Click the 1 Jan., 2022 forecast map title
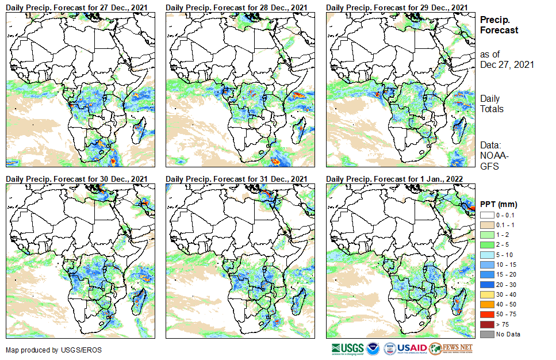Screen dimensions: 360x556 pyautogui.click(x=396, y=179)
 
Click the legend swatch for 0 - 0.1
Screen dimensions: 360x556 pyautogui.click(x=486, y=215)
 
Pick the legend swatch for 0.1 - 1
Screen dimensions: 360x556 pyautogui.click(x=486, y=225)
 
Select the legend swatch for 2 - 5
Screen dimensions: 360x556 pyautogui.click(x=486, y=245)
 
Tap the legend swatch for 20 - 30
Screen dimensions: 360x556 pyautogui.click(x=486, y=285)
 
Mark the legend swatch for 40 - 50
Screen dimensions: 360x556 pyautogui.click(x=486, y=304)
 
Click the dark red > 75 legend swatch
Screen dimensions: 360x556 pyautogui.click(x=486, y=324)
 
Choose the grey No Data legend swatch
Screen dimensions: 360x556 pyautogui.click(x=486, y=334)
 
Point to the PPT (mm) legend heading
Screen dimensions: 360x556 pyautogui.click(x=499, y=204)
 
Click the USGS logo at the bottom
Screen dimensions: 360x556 pyautogui.click(x=347, y=348)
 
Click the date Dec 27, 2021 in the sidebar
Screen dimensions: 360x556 pyautogui.click(x=507, y=64)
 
